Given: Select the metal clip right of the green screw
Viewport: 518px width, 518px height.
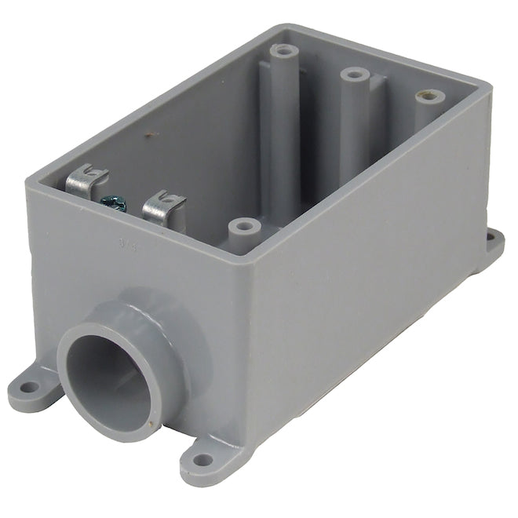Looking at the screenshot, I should click(163, 207).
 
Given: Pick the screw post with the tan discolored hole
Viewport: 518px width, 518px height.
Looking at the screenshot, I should click(429, 98).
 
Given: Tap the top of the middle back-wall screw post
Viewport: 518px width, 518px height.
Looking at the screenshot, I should click(355, 75).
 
